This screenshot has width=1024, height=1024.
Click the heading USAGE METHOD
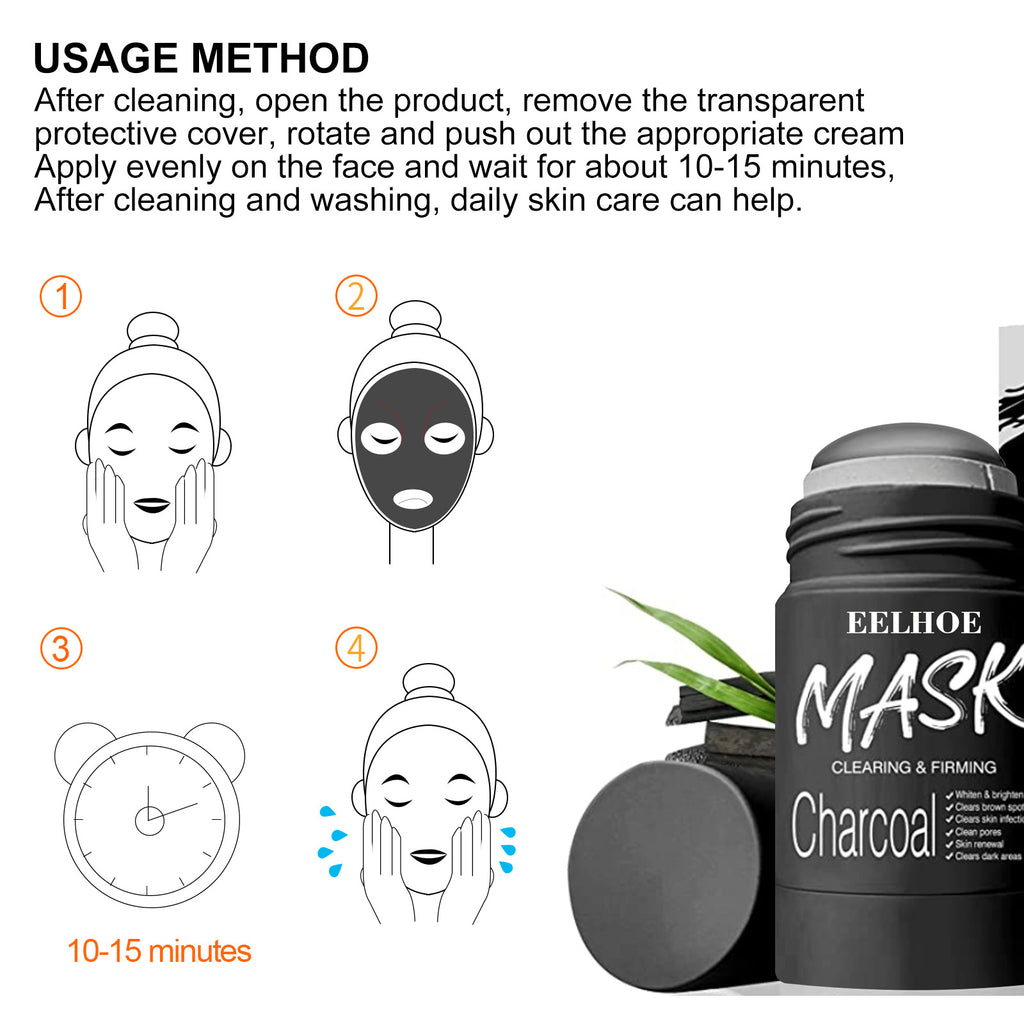(201, 58)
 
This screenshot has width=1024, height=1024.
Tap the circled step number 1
(61, 297)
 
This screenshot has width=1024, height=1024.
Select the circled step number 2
(356, 297)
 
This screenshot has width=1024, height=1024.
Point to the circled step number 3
(61, 649)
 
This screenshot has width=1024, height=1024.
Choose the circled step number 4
(356, 649)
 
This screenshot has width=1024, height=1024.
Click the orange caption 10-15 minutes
(159, 950)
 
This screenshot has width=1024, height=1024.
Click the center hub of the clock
(149, 819)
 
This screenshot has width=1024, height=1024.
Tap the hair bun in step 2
(415, 318)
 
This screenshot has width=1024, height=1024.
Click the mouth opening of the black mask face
(413, 497)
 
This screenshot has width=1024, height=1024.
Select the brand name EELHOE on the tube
(914, 623)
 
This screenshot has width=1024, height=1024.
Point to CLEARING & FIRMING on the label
(914, 767)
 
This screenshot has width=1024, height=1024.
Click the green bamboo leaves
(700, 650)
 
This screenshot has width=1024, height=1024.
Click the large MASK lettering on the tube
(910, 700)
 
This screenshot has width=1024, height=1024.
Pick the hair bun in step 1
(153, 330)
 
